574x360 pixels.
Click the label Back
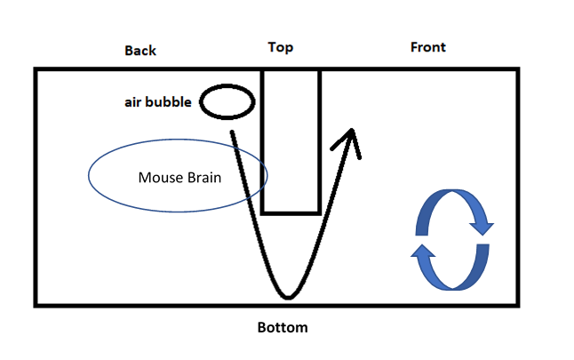[x=140, y=51]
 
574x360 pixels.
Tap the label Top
[x=281, y=47]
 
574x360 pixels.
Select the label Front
[x=427, y=47]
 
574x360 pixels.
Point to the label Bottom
[x=283, y=328]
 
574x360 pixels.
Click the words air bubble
[x=157, y=102]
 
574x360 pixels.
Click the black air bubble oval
[x=227, y=102]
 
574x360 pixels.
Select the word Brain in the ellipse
[x=203, y=177]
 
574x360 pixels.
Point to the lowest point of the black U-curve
[x=287, y=295]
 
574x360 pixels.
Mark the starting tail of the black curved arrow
[x=233, y=133]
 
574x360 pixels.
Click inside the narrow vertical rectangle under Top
[x=291, y=142]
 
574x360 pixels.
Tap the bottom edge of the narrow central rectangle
[x=291, y=213]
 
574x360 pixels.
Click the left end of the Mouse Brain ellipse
[x=89, y=175]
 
